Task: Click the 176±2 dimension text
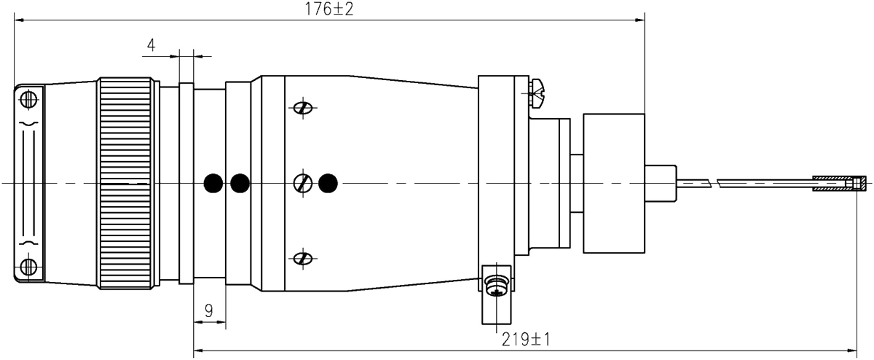click(x=329, y=10)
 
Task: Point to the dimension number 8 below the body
click(x=208, y=313)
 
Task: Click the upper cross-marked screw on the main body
click(x=302, y=109)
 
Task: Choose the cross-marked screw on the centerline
click(x=302, y=181)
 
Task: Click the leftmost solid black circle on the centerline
click(x=213, y=181)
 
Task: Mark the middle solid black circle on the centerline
click(x=239, y=181)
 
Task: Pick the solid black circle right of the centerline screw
click(x=328, y=181)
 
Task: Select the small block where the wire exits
click(x=661, y=181)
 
